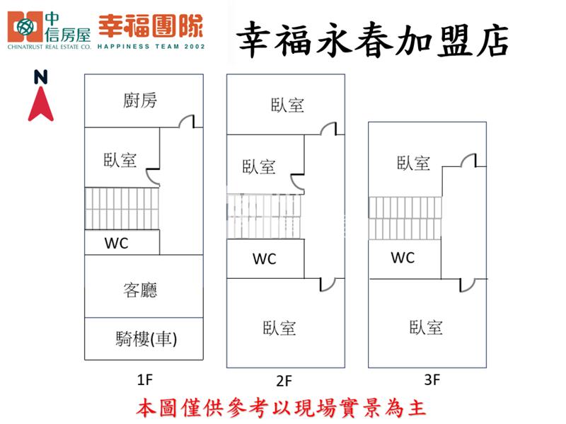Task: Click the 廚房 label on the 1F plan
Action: (140, 101)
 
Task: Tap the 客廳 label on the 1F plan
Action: (140, 290)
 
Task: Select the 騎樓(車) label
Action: (146, 339)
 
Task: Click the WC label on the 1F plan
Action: (116, 243)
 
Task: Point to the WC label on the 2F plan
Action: (264, 259)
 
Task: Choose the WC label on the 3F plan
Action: (403, 258)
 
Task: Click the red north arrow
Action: (41, 104)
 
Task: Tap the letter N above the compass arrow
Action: (41, 77)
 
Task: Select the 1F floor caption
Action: (145, 379)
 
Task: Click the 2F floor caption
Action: (284, 381)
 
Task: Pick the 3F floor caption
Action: (432, 379)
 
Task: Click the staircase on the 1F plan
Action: (122, 208)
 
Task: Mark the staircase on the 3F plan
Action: (405, 218)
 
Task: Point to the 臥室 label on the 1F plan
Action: (120, 160)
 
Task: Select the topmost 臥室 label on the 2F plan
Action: (287, 105)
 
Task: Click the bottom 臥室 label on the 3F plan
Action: (426, 328)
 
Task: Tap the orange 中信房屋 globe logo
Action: (25, 26)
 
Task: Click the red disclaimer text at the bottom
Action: (281, 408)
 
